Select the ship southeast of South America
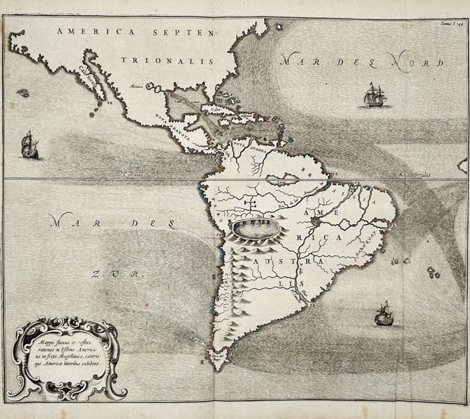pos(383,314)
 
